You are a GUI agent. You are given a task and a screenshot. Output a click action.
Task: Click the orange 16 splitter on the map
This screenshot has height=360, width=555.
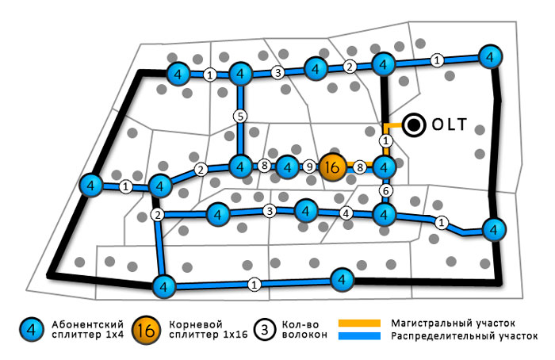point(332,167)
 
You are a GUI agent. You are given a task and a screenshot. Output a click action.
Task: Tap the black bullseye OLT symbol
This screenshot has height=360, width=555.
point(413,124)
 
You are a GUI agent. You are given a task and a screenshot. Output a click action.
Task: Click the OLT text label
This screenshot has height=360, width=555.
point(449,124)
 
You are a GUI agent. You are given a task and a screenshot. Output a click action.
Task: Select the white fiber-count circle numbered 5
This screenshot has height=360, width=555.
point(240,116)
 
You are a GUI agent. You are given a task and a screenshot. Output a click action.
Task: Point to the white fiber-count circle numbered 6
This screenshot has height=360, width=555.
point(385,190)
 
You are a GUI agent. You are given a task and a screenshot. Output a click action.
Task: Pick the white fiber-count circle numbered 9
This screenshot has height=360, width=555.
point(309,167)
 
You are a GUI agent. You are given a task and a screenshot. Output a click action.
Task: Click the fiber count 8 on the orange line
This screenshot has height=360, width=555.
point(359,167)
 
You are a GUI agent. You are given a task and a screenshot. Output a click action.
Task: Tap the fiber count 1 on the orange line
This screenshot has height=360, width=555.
point(385,141)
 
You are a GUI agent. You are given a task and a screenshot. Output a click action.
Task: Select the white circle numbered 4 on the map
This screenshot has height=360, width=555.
point(345,213)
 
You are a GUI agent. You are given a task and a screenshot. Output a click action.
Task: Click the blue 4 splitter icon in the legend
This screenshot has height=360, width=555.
point(30,329)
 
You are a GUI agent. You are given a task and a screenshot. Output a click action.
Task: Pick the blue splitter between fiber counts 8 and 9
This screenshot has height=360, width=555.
point(286,167)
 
